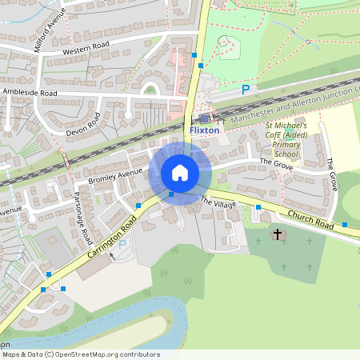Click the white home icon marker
(180, 173)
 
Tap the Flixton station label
(205, 130)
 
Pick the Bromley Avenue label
(114, 175)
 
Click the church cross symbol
(278, 234)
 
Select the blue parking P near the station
(246, 90)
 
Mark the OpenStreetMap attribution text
(80, 354)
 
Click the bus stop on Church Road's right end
(345, 224)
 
